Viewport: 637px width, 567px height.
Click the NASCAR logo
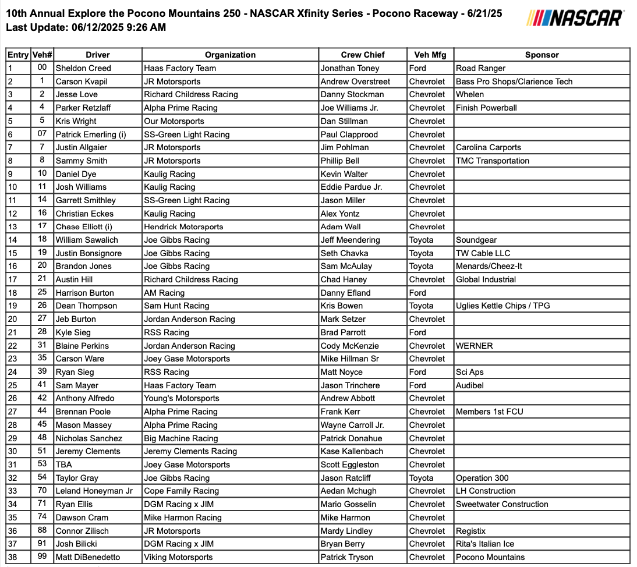click(x=575, y=17)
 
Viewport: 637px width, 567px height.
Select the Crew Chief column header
click(x=362, y=55)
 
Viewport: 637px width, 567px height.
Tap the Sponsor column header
click(x=542, y=55)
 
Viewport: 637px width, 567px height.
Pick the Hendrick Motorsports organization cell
click(x=183, y=226)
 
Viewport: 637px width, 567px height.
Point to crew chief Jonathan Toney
click(x=349, y=68)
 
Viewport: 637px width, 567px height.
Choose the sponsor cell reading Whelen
click(x=470, y=94)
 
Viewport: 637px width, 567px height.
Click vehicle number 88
click(x=42, y=531)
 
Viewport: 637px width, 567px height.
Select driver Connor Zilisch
click(x=82, y=531)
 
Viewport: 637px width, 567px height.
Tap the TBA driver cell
click(x=64, y=465)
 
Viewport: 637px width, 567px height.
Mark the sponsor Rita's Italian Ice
click(x=485, y=544)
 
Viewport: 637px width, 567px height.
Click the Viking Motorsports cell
click(x=178, y=557)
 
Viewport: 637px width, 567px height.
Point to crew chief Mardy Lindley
click(x=346, y=531)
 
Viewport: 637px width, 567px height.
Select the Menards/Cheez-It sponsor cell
click(x=489, y=266)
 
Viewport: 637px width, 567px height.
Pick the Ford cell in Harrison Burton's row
click(x=417, y=293)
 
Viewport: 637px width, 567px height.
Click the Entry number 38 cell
click(x=12, y=557)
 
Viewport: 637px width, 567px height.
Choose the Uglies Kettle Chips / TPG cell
click(x=502, y=306)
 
